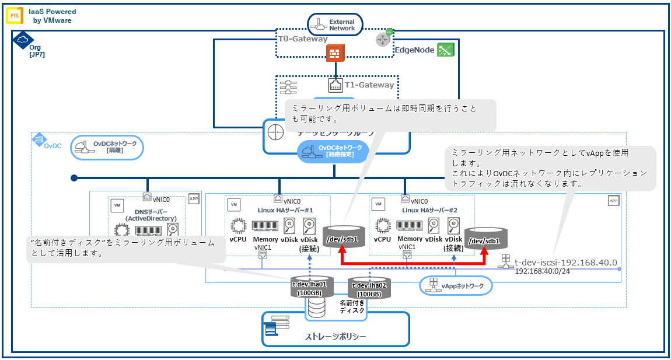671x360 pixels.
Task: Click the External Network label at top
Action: pyautogui.click(x=341, y=25)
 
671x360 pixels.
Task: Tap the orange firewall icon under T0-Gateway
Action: pyautogui.click(x=335, y=54)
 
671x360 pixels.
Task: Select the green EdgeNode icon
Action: pyautogui.click(x=446, y=50)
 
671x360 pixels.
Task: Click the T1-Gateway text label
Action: pyautogui.click(x=369, y=85)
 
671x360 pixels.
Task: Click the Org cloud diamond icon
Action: pyautogui.click(x=22, y=40)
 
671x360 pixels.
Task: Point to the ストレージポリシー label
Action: pyautogui.click(x=335, y=337)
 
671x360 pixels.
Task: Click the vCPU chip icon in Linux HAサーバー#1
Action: pyautogui.click(x=237, y=226)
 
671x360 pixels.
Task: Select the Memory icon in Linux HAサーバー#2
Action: pyautogui.click(x=410, y=225)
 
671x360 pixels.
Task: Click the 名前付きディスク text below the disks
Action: pyautogui.click(x=352, y=307)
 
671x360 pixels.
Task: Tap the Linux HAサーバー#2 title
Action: pyautogui.click(x=431, y=209)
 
